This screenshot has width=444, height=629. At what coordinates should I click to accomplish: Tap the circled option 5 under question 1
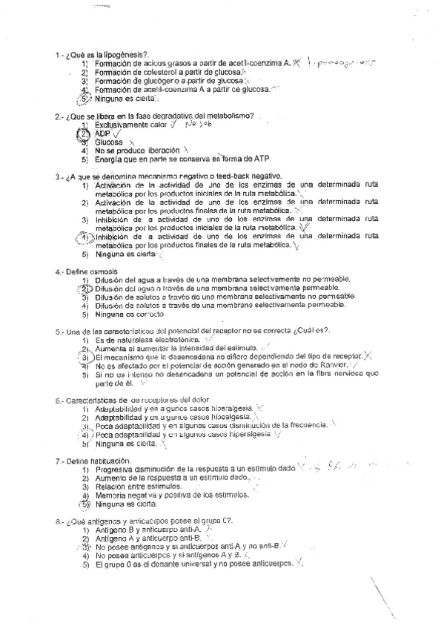[85, 98]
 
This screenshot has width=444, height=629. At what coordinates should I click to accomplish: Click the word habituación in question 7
[110, 461]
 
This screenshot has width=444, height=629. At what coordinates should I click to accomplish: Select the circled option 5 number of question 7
[85, 503]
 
